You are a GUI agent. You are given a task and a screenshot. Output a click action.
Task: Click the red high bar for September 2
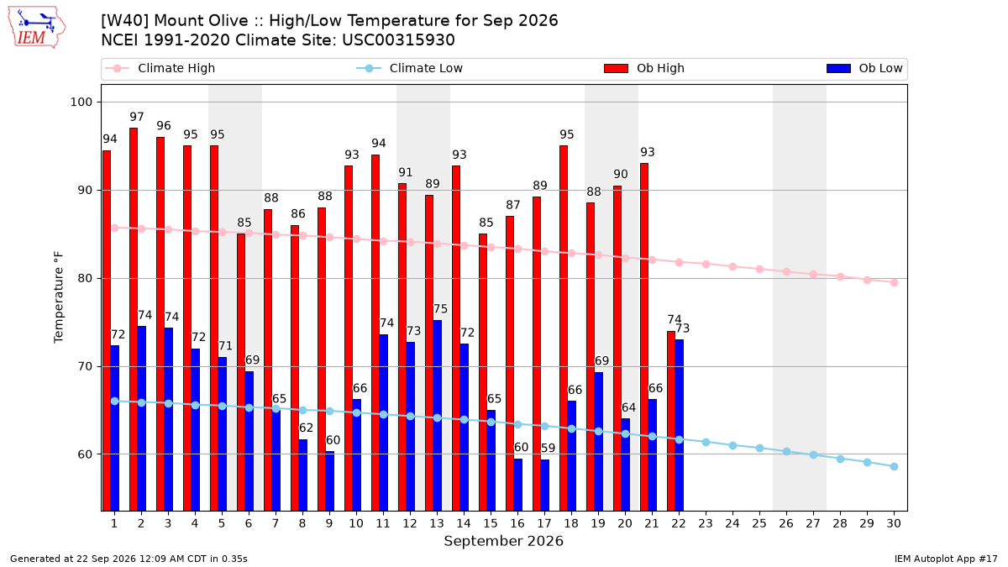pos(134,319)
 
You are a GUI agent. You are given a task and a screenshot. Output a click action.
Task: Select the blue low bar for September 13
pos(437,415)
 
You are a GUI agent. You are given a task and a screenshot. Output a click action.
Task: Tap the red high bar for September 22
pos(671,421)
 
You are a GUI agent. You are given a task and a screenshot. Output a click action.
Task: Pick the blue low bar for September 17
pos(544,486)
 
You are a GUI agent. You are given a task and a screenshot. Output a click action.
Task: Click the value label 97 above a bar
pos(137,117)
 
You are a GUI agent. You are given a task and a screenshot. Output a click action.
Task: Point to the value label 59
pos(548,449)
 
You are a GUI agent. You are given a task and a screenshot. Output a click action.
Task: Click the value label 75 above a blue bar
pos(440,309)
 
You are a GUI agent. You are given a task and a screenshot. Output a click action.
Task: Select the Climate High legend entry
pos(160,68)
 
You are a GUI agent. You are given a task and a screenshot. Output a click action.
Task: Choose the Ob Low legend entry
pos(864,68)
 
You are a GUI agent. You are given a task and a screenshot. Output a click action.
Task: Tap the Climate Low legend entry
pos(410,68)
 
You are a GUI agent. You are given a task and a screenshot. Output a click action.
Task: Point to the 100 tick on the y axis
pos(81,102)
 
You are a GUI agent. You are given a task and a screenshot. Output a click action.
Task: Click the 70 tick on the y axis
pos(85,367)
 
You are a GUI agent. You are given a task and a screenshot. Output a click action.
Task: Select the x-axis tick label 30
pos(894,524)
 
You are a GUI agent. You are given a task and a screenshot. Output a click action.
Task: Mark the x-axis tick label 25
pos(759,524)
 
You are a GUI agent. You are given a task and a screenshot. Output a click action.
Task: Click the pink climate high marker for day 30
pos(894,282)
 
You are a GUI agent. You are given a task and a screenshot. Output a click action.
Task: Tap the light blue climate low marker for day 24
pos(732,445)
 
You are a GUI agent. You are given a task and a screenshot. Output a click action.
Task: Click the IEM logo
pos(36,28)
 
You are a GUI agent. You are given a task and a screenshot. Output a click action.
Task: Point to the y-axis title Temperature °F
pos(59,297)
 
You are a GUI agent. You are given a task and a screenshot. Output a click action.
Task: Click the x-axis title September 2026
pos(503,541)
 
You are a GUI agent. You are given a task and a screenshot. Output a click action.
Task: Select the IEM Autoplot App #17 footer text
pos(946,559)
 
